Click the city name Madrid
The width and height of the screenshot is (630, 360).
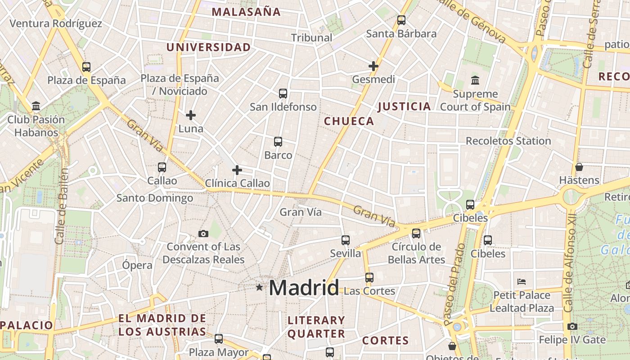pos(304,288)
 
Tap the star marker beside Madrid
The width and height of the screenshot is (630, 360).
pos(259,287)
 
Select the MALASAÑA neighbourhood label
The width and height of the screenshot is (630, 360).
pos(246,12)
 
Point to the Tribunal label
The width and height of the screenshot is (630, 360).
pos(311,38)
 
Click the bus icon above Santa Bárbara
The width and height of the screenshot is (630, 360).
pos(401,20)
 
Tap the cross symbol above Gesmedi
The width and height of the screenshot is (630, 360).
pos(373,66)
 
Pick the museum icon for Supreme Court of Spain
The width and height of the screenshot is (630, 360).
pos(475,81)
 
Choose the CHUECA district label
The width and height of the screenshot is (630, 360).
pos(349,121)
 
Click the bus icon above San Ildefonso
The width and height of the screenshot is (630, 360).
pos(283,94)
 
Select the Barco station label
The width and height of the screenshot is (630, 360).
pos(278,155)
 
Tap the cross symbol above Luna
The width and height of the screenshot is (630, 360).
pos(191,115)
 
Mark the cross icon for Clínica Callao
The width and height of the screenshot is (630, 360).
pos(237,170)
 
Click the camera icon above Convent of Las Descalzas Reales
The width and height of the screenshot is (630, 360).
pos(203,234)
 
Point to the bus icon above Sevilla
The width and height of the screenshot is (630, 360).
pos(346,240)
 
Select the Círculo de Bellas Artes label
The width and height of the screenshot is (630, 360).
pos(416,253)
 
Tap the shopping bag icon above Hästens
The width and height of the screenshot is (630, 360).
pos(579,167)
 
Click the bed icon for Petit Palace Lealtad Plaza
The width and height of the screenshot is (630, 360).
pos(522,282)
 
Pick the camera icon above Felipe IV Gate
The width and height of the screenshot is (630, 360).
pos(572,326)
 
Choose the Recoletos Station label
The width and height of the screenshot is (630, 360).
pos(508,141)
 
